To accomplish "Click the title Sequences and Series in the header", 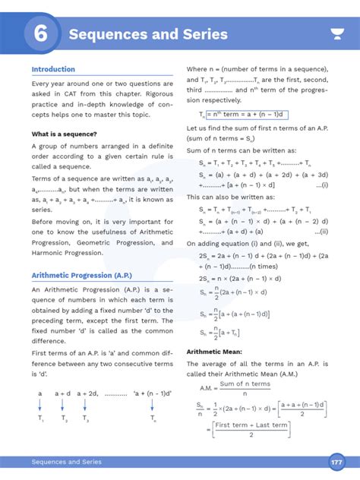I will point(147,34).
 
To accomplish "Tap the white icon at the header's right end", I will point(336,34).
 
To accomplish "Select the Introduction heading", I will point(53,69).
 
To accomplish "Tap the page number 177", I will point(336,463).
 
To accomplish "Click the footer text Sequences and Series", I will point(66,463).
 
